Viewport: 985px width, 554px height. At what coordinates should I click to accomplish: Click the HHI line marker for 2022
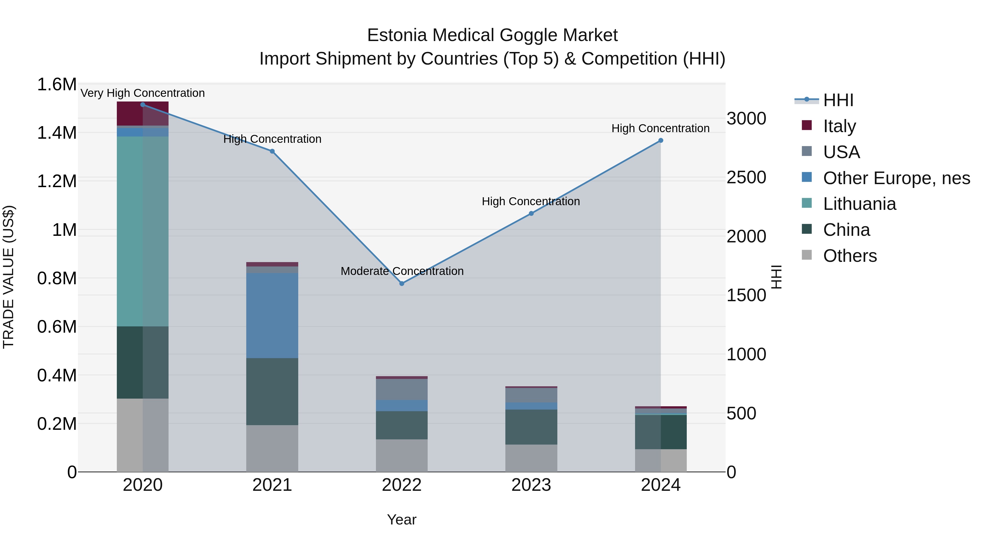pos(401,283)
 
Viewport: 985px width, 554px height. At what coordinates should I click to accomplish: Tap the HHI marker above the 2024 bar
pos(660,141)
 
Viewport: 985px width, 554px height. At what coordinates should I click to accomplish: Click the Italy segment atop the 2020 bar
pos(143,114)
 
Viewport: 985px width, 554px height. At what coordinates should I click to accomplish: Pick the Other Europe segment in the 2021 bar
pos(272,315)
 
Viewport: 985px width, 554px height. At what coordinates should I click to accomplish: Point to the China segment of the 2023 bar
pos(531,427)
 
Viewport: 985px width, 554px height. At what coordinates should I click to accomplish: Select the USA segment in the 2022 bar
pos(401,389)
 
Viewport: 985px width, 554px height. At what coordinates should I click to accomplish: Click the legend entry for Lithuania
pos(859,204)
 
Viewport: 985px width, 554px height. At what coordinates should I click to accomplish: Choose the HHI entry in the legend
pos(838,100)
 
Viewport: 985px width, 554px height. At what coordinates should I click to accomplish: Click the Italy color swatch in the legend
pos(806,125)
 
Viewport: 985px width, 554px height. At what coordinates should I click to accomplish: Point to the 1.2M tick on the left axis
pos(57,181)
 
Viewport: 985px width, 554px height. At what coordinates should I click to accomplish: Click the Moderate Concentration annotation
pos(402,271)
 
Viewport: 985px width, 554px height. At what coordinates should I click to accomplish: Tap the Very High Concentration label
pos(143,93)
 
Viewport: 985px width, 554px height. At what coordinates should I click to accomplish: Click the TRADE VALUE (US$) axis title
pos(8,277)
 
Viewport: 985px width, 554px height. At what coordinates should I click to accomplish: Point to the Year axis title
pos(401,520)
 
